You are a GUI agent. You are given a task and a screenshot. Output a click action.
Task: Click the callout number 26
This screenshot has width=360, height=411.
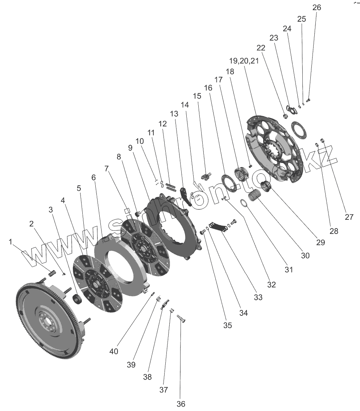316,8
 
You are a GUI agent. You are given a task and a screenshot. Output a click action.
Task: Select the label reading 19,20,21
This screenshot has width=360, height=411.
244,60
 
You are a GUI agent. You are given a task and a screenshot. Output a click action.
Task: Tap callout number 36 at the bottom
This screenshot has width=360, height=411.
181,404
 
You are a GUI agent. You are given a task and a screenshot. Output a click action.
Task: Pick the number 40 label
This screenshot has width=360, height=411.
114,351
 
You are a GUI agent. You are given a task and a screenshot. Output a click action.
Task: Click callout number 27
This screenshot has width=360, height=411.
349,217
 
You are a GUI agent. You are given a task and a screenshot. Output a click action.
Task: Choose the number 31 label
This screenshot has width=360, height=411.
289,269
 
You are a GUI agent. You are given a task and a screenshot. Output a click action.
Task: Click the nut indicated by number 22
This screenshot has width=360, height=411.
285,116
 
